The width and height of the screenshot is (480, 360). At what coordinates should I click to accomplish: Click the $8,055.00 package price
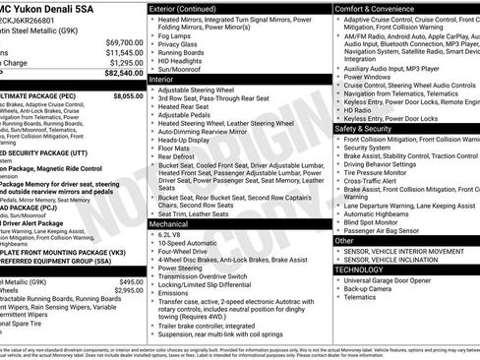click(127, 97)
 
